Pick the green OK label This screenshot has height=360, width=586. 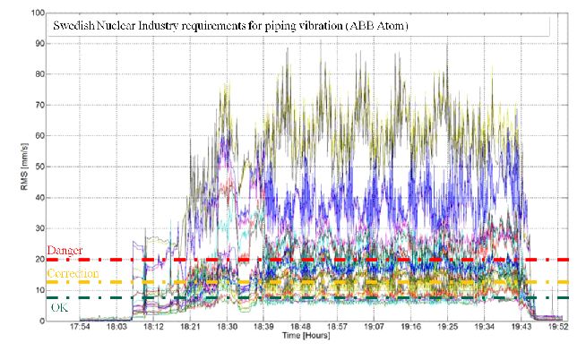(57, 307)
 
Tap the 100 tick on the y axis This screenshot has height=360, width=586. (35, 13)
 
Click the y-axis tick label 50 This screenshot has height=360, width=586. (38, 167)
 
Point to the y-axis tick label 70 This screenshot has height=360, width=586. (38, 106)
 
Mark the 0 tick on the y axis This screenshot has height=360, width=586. (40, 321)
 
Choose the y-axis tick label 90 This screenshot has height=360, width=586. (38, 44)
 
